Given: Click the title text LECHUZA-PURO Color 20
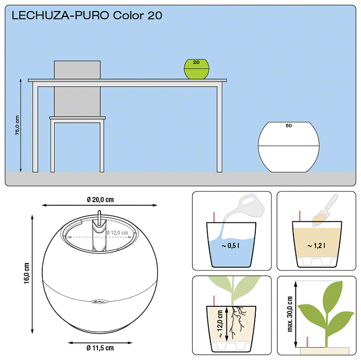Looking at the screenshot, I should click(x=87, y=15).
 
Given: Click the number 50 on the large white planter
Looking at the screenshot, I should click(x=288, y=125).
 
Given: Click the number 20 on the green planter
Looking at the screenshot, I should click(x=196, y=62).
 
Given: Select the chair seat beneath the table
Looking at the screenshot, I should click(x=77, y=118).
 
